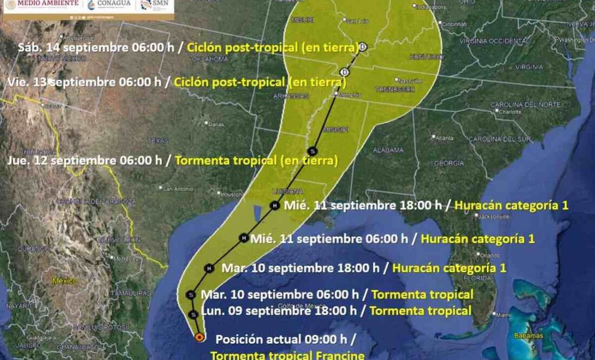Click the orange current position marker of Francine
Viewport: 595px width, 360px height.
click(199, 337)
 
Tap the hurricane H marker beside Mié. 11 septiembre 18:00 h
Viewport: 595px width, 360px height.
click(275, 205)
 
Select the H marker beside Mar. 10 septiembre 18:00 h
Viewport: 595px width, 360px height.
click(209, 268)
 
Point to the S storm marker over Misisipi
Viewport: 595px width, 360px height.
click(312, 151)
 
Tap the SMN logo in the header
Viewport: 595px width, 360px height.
click(156, 5)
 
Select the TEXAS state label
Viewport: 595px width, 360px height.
click(158, 141)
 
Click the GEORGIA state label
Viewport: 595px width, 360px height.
click(449, 163)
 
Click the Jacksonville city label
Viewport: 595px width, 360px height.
click(492, 217)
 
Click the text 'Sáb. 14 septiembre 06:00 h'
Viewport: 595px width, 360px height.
click(96, 47)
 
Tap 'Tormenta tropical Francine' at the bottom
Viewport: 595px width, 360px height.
click(287, 355)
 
